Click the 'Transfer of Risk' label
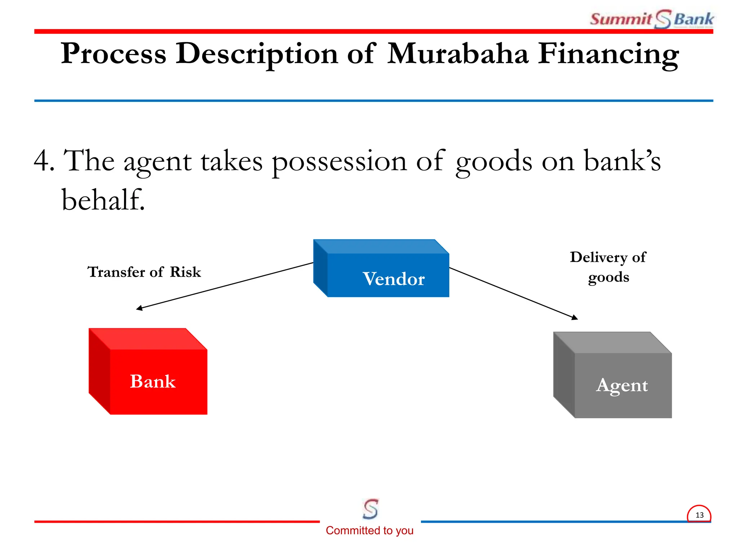[x=144, y=272]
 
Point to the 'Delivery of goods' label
[x=608, y=267]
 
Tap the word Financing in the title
[x=608, y=54]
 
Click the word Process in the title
[x=114, y=54]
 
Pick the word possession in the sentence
[x=339, y=162]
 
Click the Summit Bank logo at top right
[x=652, y=19]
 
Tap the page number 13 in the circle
[x=699, y=515]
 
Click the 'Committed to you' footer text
[x=369, y=530]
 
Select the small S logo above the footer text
[x=370, y=509]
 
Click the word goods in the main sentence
[x=494, y=162]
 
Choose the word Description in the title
[x=257, y=54]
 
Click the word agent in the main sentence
[x=157, y=162]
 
